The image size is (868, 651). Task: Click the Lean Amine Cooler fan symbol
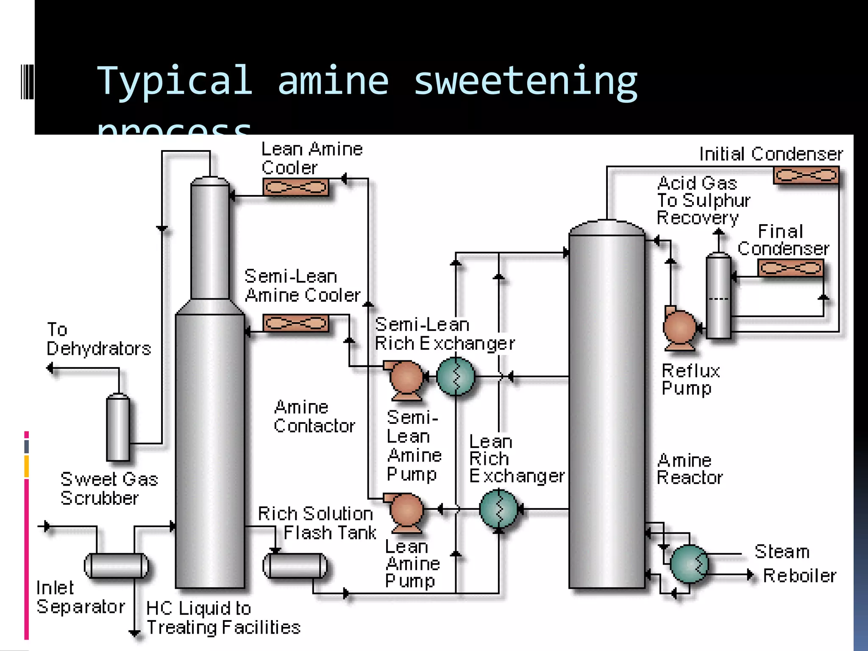[296, 187]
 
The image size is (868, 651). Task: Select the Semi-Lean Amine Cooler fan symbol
[296, 323]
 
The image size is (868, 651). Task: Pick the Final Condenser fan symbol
[790, 268]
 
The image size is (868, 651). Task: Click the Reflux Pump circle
[680, 328]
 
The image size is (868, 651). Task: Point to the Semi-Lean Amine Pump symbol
[406, 378]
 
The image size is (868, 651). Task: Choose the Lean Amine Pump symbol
[406, 510]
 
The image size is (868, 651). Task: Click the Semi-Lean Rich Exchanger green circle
[456, 376]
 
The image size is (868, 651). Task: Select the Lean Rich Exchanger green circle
[499, 509]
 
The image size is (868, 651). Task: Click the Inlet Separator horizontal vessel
[116, 566]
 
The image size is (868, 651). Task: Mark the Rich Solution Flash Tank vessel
[295, 566]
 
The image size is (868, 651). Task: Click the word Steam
[782, 551]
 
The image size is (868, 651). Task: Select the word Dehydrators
[99, 349]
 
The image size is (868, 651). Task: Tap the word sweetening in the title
[525, 81]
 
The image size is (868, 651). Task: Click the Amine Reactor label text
[690, 469]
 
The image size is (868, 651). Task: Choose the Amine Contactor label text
[314, 417]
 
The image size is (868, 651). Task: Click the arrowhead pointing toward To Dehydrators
[50, 368]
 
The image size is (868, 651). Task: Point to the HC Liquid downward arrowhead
[134, 633]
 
